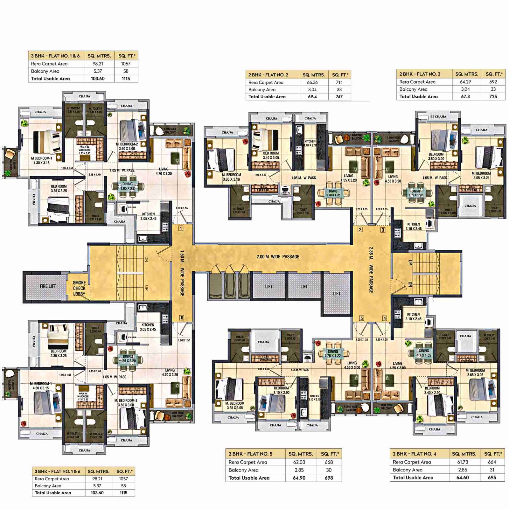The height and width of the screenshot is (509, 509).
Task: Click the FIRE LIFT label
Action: point(48,286)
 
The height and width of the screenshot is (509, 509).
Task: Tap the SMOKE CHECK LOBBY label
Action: point(79,288)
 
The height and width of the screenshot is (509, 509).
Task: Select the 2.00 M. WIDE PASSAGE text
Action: point(278,257)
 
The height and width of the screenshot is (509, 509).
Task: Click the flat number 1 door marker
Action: point(181,228)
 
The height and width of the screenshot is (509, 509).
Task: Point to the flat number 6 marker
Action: point(182,317)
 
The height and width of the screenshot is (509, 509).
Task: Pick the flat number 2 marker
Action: point(360,229)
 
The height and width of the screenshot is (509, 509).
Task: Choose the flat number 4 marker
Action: point(385,318)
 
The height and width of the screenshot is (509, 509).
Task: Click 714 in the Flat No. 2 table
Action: point(339,82)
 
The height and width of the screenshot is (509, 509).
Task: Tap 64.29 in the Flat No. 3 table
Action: point(465,82)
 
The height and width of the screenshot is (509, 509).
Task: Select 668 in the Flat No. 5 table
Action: point(329,462)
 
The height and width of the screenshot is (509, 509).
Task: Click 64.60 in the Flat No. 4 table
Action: point(462,478)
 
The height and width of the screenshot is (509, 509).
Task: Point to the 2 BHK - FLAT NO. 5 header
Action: point(250,454)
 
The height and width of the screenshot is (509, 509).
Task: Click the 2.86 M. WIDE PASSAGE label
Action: point(371,270)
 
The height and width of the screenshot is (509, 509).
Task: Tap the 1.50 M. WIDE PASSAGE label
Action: point(182,273)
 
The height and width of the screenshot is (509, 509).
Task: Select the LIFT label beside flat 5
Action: point(337,294)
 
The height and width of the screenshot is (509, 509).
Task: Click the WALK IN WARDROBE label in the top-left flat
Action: point(85,150)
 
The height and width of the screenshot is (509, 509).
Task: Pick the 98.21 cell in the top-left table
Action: point(98,64)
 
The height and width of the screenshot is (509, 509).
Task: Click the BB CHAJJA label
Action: point(438,117)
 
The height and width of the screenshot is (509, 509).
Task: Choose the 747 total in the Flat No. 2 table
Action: point(339,97)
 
